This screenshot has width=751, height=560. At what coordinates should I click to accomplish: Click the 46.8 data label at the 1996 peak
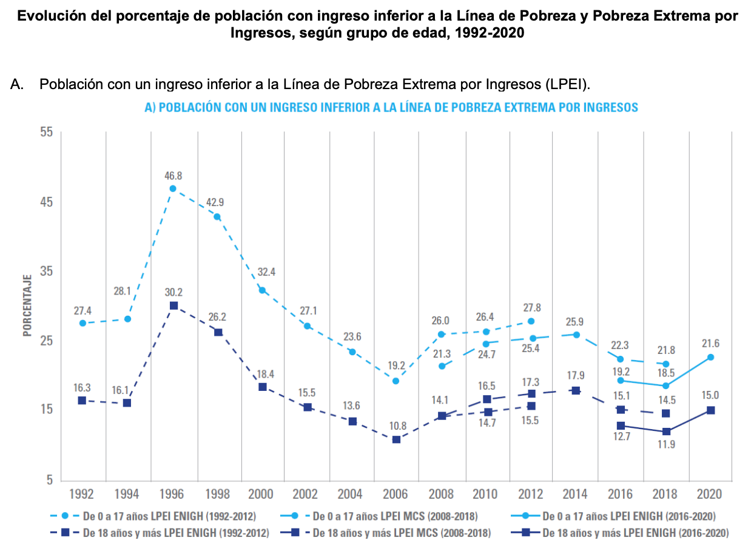(173, 176)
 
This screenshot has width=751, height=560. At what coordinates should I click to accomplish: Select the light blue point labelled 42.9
(217, 217)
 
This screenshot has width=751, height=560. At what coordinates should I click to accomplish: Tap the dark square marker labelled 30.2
(173, 306)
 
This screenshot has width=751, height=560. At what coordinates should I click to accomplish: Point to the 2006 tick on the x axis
(396, 494)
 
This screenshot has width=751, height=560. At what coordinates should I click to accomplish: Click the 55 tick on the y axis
(47, 133)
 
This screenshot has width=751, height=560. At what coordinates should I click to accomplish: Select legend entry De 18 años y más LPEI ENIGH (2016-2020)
(635, 533)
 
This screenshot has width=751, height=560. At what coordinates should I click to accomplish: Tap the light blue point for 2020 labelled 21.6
(710, 357)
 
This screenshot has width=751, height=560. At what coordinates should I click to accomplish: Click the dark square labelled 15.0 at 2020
(710, 410)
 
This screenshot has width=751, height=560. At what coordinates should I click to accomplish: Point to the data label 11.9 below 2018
(666, 444)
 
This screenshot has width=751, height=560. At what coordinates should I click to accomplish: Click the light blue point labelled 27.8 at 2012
(531, 321)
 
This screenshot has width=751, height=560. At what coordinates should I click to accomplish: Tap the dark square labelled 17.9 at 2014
(576, 391)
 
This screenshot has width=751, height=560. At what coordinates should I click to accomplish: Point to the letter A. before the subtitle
(18, 84)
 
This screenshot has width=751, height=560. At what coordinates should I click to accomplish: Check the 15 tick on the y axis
(47, 410)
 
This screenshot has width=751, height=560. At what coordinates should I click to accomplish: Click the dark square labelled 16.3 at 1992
(82, 401)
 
